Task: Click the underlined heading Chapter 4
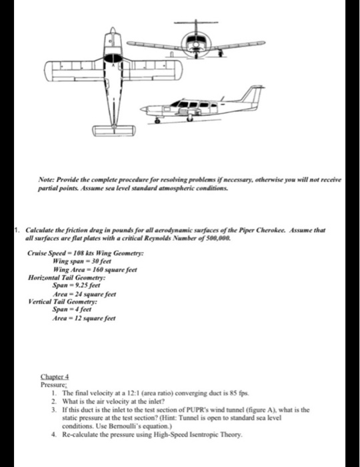click(x=55, y=377)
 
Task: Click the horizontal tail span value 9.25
click(x=79, y=285)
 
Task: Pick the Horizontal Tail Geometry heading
click(x=67, y=278)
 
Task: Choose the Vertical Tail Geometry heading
click(x=63, y=302)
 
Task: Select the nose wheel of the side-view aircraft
click(x=157, y=121)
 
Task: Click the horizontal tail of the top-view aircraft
click(x=113, y=131)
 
